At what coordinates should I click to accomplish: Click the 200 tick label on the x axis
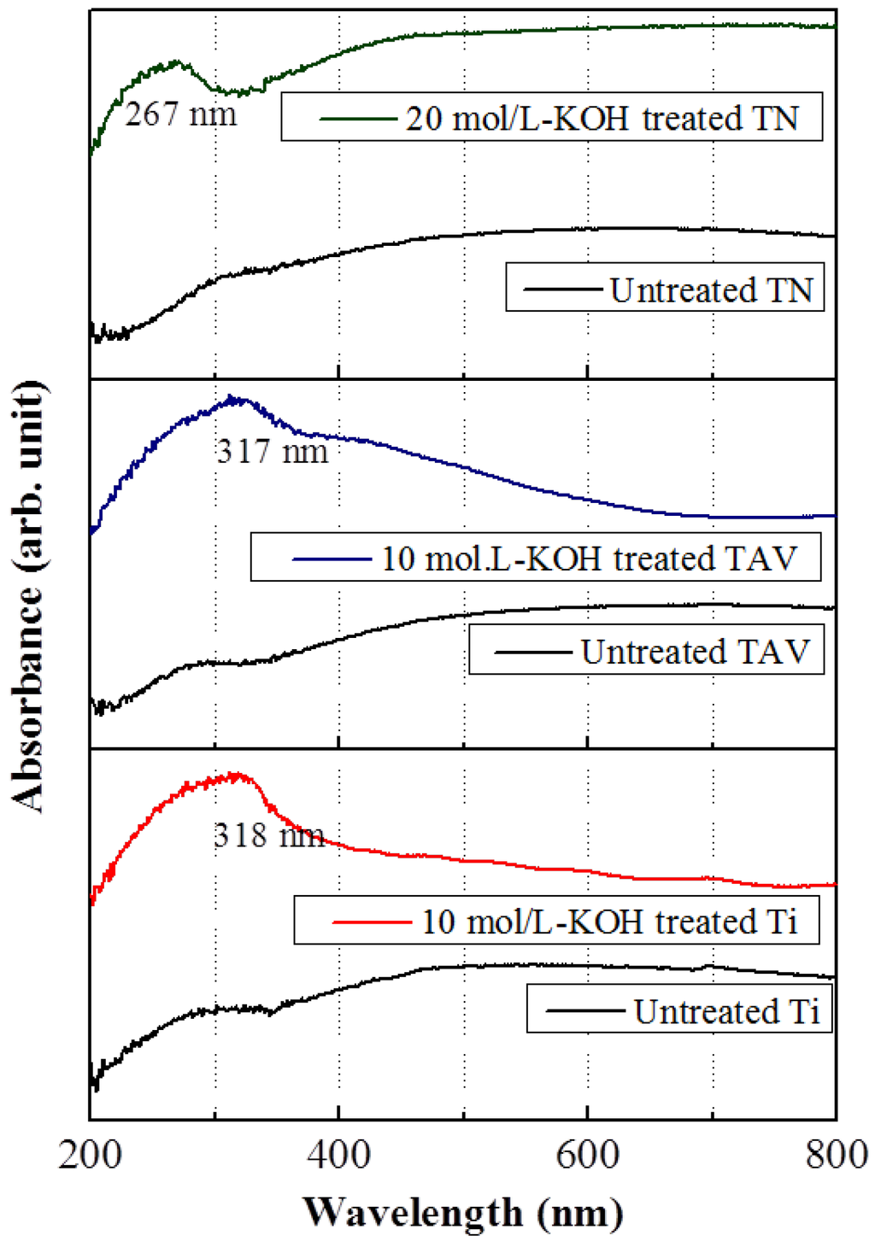[x=91, y=1155]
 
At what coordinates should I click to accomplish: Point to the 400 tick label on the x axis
[x=339, y=1155]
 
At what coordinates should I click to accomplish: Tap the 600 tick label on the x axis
[x=588, y=1155]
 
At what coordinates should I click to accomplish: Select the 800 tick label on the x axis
[x=837, y=1155]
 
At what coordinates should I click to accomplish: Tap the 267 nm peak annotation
[x=180, y=114]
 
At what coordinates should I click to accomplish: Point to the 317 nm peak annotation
[x=272, y=451]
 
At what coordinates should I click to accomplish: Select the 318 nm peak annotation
[x=269, y=834]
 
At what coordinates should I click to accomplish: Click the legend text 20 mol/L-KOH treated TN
[x=602, y=118]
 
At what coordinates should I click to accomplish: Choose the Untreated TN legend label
[x=711, y=290]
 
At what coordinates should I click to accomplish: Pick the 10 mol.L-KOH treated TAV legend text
[x=589, y=559]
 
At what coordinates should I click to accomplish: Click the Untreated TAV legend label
[x=695, y=652]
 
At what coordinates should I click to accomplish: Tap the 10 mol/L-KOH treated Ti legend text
[x=609, y=922]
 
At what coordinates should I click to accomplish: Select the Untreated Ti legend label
[x=726, y=1011]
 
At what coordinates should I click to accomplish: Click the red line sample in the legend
[x=372, y=922]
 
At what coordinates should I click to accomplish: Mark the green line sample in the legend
[x=358, y=118]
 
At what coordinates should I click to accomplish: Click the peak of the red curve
[x=237, y=775]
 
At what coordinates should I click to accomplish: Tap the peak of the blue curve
[x=232, y=397]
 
